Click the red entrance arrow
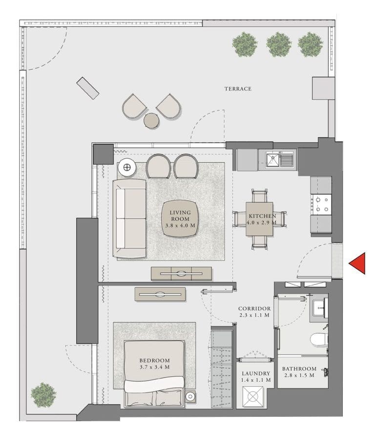coord(358,263)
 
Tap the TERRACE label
coord(238,88)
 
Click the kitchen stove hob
coord(321,204)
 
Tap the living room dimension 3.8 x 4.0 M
coord(180,226)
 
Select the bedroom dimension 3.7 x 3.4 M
coord(154,367)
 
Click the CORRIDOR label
coord(254,309)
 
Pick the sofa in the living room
coord(130,218)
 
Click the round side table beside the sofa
coord(127,168)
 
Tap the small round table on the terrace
coord(151,120)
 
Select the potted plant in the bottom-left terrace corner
coord(43,394)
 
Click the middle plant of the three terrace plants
coord(279,44)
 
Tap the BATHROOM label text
coord(299,369)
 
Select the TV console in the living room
coord(181,274)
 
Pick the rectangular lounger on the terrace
coord(88,88)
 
